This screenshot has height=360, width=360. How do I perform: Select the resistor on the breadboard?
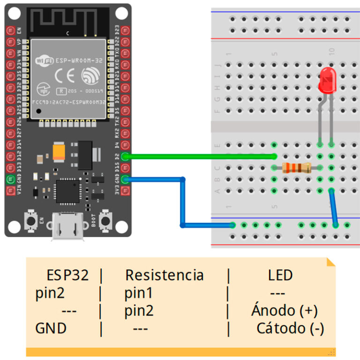297,168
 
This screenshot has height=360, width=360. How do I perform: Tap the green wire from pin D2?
202,157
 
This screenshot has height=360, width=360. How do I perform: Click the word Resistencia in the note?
164,275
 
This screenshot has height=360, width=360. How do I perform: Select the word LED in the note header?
280,275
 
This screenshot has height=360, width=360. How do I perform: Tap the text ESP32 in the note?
67,275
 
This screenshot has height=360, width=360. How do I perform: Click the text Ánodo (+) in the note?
284,311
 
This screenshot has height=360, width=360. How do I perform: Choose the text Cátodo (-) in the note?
290,329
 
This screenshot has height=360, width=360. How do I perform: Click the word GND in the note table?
51,329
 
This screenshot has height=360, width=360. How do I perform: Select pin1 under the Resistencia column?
139,293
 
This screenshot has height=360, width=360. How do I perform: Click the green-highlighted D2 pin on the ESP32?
125,157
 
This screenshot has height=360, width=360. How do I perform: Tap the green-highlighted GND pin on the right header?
125,179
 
